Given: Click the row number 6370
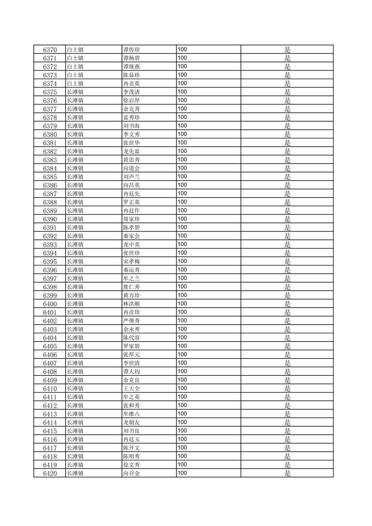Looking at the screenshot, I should click(50, 50).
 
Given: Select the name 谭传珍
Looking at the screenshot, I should click(132, 50).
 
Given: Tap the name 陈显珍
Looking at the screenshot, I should click(132, 75).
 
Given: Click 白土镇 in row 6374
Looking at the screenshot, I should click(75, 84).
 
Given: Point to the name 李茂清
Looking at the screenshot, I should click(132, 92).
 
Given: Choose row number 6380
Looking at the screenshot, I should click(50, 135).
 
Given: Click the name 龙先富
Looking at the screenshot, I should click(132, 152).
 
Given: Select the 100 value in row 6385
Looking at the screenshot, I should click(182, 176).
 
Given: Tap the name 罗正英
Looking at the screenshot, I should click(132, 202).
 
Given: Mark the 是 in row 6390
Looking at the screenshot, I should click(287, 219).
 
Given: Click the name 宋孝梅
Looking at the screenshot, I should click(132, 262).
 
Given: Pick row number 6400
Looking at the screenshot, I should click(50, 304).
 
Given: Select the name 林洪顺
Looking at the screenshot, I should click(132, 304).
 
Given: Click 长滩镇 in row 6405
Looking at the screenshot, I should click(75, 346).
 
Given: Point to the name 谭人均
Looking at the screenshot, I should click(132, 372).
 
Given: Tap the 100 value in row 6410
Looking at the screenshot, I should click(182, 388).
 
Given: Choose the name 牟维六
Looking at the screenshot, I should click(132, 414).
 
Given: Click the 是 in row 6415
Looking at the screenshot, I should click(287, 431).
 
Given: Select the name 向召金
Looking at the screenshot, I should click(132, 473).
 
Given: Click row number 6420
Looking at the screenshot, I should click(50, 473).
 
